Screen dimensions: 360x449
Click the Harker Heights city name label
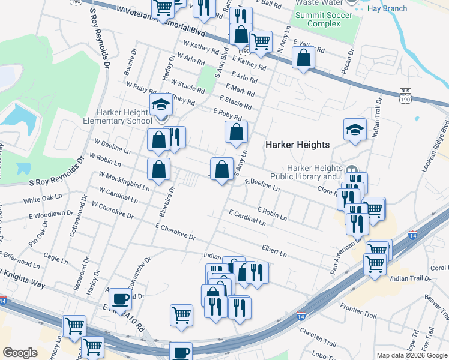(x=298, y=145)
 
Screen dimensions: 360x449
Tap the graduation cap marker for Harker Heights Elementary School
(x=161, y=106)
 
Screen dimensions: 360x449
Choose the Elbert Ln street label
(x=274, y=250)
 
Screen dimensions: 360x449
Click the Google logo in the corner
(x=20, y=353)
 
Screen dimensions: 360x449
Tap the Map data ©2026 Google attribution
(x=412, y=355)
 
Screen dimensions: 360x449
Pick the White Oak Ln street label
(x=43, y=197)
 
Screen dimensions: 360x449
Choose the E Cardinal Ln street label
(x=247, y=217)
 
